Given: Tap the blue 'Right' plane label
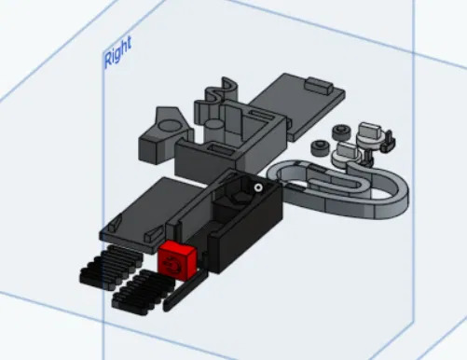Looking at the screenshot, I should coord(118,51).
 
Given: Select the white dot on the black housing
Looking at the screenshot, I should coord(257,187).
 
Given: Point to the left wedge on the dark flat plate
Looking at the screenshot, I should coord(115,224).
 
